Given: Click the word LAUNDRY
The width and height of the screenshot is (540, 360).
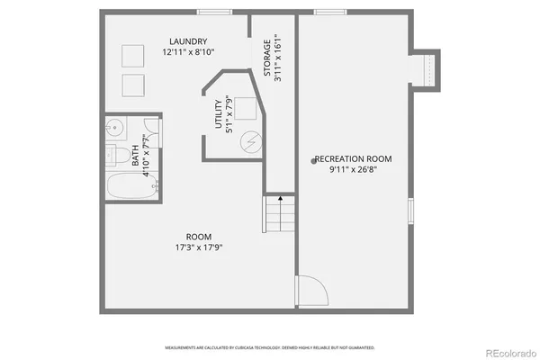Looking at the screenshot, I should pyautogui.click(x=188, y=41).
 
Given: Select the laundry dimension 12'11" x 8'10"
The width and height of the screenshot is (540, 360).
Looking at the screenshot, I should pyautogui.click(x=188, y=53).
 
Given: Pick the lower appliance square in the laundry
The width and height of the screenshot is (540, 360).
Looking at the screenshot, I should pyautogui.click(x=133, y=85).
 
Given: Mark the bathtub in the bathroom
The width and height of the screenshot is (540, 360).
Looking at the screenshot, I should pyautogui.click(x=130, y=187).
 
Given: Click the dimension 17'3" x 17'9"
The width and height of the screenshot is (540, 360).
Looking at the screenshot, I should pyautogui.click(x=199, y=247).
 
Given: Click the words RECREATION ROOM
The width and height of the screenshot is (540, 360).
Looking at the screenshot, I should pyautogui.click(x=354, y=158).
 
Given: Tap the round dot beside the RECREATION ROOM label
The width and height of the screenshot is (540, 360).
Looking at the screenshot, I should pyautogui.click(x=313, y=160).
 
